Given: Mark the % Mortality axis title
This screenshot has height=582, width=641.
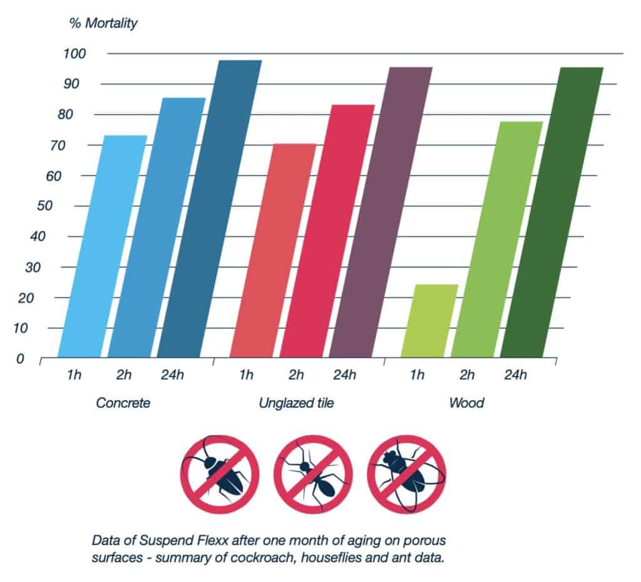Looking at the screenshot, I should click(x=103, y=24).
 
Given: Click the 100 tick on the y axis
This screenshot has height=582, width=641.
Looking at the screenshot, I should click(x=73, y=53).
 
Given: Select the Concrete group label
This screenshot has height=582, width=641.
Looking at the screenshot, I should click(x=123, y=403).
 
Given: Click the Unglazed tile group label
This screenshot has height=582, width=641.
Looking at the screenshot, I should click(x=296, y=403).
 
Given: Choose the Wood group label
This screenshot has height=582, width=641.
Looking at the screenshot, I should click(x=466, y=403).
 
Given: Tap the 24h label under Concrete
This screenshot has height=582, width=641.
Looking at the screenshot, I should click(x=174, y=375).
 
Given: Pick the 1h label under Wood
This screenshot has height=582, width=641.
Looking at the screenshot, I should click(x=417, y=375).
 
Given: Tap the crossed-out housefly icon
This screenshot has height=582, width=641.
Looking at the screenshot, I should click(x=407, y=474).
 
